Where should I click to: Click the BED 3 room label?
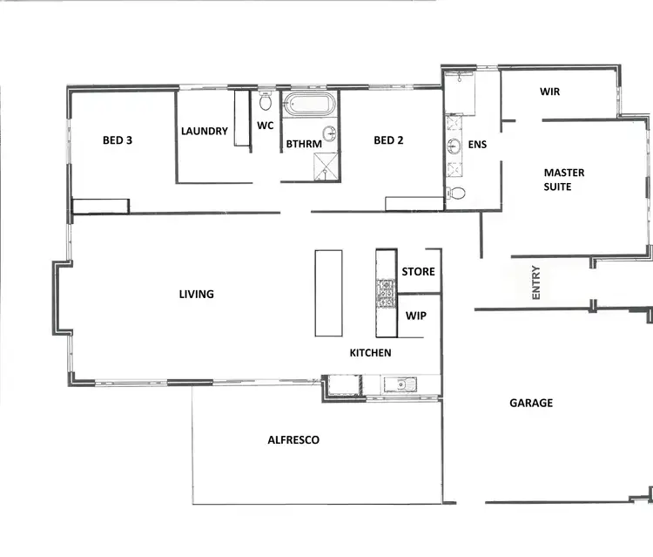tap(118, 139)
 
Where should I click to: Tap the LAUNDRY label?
tap(205, 132)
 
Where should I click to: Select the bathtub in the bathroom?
tap(310, 105)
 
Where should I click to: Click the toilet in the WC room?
tap(266, 102)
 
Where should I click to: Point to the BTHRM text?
tap(304, 145)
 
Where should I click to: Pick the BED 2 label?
tap(388, 139)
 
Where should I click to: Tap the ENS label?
tap(477, 144)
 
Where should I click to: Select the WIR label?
tap(549, 91)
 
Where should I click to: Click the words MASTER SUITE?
tap(563, 180)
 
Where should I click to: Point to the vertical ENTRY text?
tap(536, 283)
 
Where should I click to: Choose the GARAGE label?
tap(530, 403)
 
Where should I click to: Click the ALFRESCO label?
tap(293, 440)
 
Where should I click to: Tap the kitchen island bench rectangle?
tap(328, 292)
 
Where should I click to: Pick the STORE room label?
tap(418, 272)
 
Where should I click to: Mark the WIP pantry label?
tap(415, 316)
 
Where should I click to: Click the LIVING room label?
tap(196, 295)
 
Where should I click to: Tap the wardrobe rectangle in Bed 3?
tap(100, 206)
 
